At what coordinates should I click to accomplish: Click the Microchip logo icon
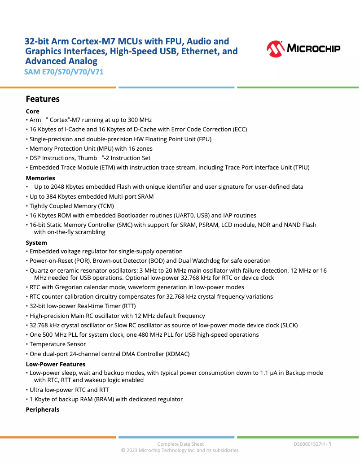click(276, 48)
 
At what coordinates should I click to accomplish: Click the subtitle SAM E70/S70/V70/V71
click(64, 71)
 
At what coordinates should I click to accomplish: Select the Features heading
click(43, 99)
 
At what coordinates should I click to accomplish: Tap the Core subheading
click(33, 111)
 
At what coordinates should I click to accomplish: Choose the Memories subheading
click(40, 178)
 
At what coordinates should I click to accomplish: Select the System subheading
click(36, 243)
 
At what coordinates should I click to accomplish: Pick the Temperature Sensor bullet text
click(57, 344)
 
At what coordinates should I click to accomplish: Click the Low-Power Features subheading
click(56, 365)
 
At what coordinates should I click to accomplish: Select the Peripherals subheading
click(43, 409)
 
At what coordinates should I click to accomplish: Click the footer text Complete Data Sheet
click(180, 444)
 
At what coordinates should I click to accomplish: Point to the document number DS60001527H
click(309, 444)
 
